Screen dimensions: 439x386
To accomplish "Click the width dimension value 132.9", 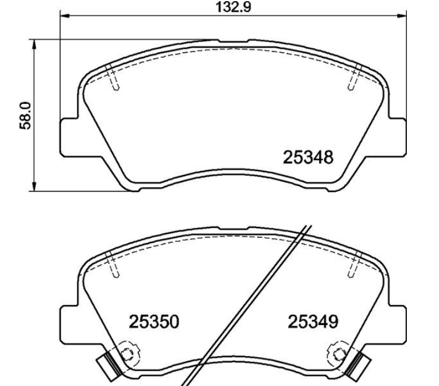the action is [x=233, y=7].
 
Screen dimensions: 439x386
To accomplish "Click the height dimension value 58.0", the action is [x=25, y=115].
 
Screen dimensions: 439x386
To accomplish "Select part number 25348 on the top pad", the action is [x=308, y=157].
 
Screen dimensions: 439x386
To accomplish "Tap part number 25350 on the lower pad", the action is [x=154, y=322].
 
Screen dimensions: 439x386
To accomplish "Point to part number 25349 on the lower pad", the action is [x=313, y=322].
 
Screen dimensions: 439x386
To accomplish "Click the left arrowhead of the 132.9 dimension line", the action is [x=65, y=16].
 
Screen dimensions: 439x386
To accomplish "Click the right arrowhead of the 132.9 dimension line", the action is [x=402, y=16].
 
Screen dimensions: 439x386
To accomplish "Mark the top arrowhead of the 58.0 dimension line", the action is [x=34, y=44].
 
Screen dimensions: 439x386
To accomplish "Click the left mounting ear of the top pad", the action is [x=69, y=137].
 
